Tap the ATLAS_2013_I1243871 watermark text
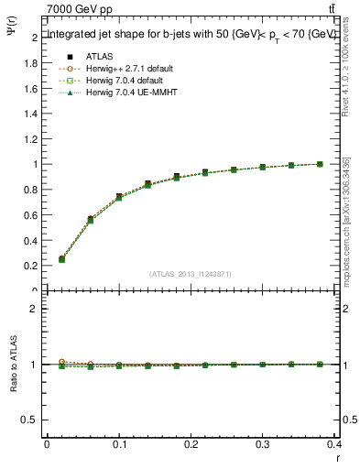pos(189,275)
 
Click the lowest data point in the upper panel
pos(61,259)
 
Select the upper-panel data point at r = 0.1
pos(119,197)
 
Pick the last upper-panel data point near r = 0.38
pos(320,164)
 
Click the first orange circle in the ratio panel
pos(61,362)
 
